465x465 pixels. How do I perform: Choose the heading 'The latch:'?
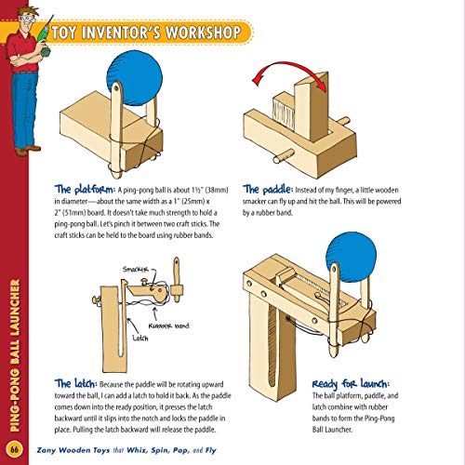[77, 383]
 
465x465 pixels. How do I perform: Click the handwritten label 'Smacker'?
[136, 272]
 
